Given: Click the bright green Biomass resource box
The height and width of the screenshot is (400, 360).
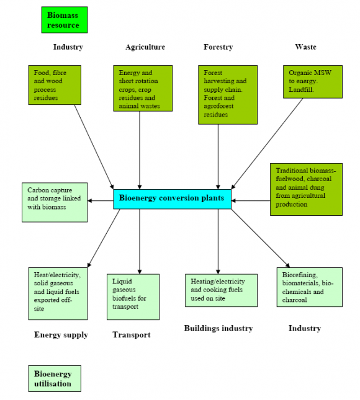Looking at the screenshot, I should tap(63, 19).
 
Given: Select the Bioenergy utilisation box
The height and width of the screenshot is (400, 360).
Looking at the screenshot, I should tap(55, 378).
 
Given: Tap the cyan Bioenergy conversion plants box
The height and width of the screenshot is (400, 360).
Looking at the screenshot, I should tap(172, 198).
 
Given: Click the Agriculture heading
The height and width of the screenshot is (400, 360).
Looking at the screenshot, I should tap(145, 47).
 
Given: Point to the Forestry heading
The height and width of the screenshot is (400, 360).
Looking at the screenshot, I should tap(218, 47).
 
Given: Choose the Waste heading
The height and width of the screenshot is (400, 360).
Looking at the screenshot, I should tap(305, 47).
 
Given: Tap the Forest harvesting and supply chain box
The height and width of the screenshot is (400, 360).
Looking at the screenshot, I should tap(227, 94).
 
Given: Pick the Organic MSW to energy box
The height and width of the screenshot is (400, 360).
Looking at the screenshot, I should tap(312, 81).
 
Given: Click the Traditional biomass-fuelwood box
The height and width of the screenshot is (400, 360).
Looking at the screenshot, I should tap(305, 190).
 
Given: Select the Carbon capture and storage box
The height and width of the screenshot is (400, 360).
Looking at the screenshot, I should tap(54, 202).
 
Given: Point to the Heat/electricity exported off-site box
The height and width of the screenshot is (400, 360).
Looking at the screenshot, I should tap(58, 293).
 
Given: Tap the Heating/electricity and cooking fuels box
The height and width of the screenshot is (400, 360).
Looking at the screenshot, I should tap(221, 290).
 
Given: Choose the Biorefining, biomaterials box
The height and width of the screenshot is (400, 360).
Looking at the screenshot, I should tap(309, 287).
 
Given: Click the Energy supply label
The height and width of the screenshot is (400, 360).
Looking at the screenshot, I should tap(61, 335).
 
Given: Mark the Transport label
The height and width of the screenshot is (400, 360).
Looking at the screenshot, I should tap(131, 335).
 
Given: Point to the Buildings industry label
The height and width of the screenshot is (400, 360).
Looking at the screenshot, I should tap(218, 328).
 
